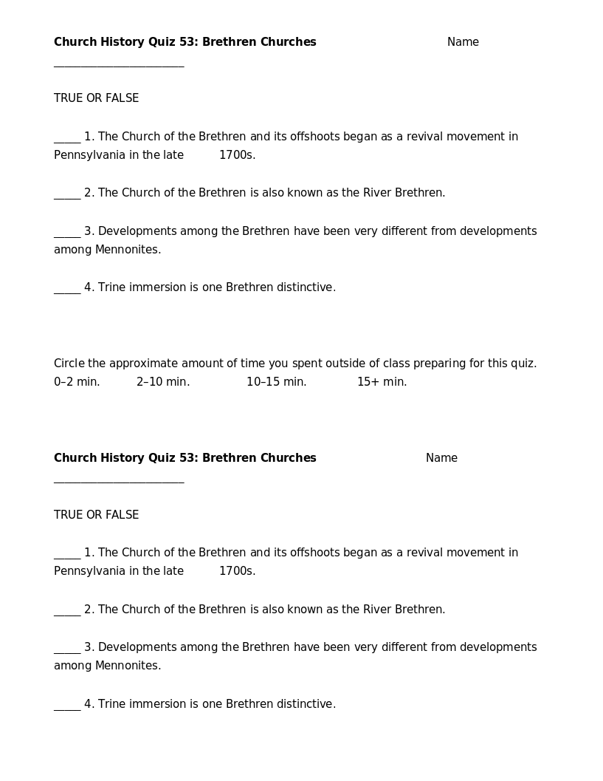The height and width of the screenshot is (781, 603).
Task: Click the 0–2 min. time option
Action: [x=77, y=382]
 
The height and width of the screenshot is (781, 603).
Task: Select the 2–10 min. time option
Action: [x=163, y=382]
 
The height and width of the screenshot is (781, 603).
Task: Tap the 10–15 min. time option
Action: [x=276, y=382]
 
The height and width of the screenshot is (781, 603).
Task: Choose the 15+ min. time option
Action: [x=382, y=382]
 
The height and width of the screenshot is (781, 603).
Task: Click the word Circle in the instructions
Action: [x=69, y=364]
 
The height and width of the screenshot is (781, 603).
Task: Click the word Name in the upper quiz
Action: [x=463, y=42]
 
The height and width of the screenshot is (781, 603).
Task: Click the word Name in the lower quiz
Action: [x=441, y=458]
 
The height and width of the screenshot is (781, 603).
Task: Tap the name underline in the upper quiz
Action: [x=119, y=66]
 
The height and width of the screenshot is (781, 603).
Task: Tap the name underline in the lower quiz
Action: [x=119, y=482]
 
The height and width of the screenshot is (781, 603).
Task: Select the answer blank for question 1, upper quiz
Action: [x=67, y=140]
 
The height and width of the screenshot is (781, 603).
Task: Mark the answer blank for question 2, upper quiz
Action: [x=67, y=197]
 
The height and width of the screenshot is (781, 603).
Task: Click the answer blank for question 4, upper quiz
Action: [x=67, y=291]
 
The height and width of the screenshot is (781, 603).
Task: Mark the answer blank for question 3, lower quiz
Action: [x=67, y=651]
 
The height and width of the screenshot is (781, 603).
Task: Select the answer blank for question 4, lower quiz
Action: [x=67, y=708]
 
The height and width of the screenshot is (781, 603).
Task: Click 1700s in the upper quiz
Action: [x=237, y=155]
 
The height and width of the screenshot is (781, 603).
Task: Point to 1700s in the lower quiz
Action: [x=237, y=571]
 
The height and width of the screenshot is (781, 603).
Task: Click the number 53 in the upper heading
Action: [x=187, y=42]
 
